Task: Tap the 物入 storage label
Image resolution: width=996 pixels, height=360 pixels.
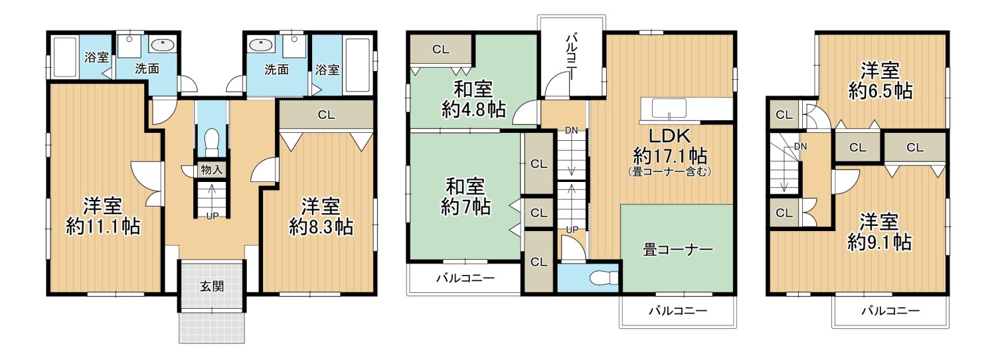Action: pyautogui.click(x=211, y=170)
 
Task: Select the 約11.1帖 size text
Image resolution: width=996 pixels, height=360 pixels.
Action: pyautogui.click(x=102, y=226)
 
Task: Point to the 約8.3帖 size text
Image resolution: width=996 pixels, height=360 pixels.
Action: pyautogui.click(x=321, y=226)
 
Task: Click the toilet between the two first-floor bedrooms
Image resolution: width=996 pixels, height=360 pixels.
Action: pyautogui.click(x=212, y=141)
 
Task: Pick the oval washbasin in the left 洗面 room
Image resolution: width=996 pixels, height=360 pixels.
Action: pyautogui.click(x=163, y=45)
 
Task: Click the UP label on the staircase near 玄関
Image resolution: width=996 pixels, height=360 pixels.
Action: pyautogui.click(x=212, y=215)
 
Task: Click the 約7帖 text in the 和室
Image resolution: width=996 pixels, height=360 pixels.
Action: pyautogui.click(x=466, y=207)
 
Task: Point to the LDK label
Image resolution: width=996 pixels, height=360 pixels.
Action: pyautogui.click(x=669, y=135)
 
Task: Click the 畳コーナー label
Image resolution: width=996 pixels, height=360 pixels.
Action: pyautogui.click(x=677, y=250)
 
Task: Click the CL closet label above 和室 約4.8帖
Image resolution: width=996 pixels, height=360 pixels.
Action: pyautogui.click(x=440, y=48)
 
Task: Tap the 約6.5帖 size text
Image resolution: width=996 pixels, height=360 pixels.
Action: pyautogui.click(x=880, y=90)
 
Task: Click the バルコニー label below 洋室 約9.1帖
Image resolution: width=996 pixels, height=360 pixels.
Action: pyautogui.click(x=890, y=310)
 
